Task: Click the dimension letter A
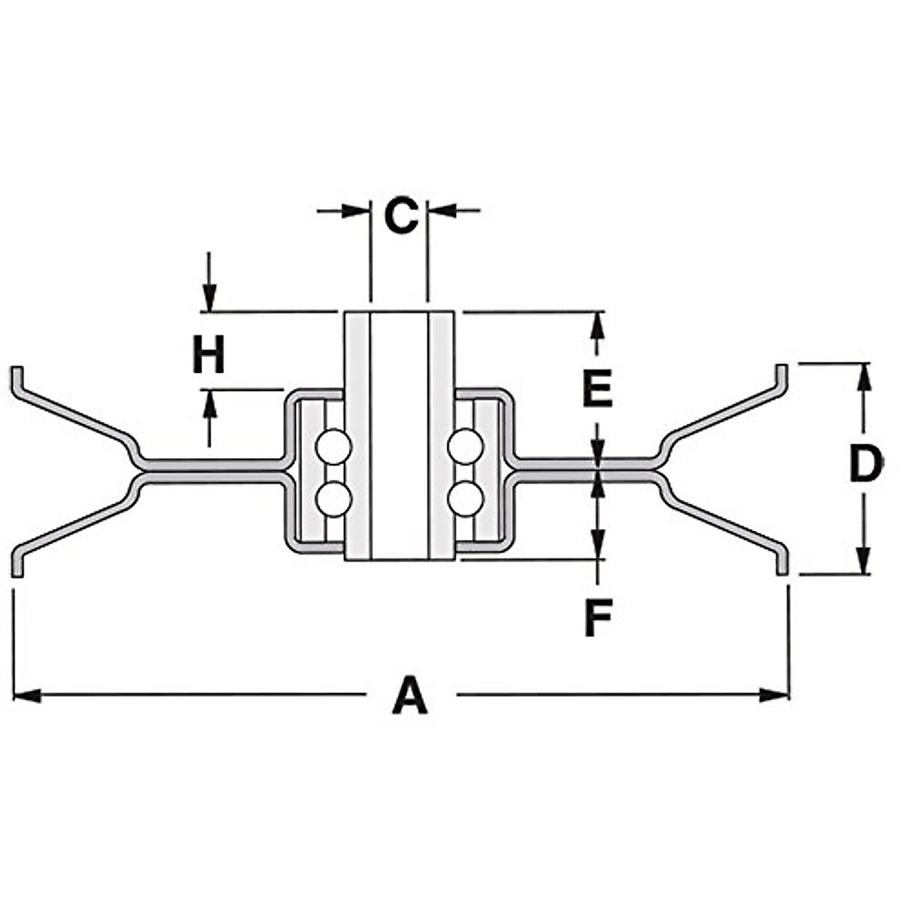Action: (410, 696)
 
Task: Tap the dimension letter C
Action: (400, 216)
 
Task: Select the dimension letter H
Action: (208, 356)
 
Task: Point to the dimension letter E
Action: (597, 390)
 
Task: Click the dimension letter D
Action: (866, 464)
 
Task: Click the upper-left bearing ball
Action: (334, 446)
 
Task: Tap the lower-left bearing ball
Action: (334, 499)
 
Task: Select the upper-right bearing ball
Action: (465, 446)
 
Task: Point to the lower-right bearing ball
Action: (465, 499)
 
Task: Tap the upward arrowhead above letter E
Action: (598, 325)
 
